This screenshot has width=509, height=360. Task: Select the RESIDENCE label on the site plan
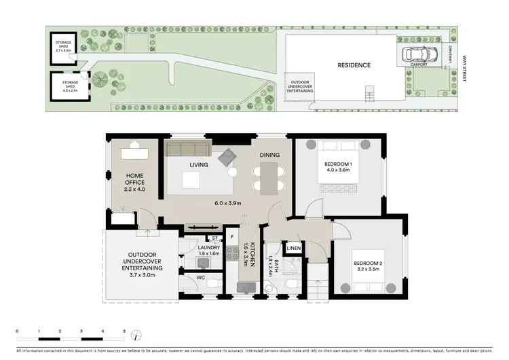tap(354, 66)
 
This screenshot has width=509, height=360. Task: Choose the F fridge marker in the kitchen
tap(232, 238)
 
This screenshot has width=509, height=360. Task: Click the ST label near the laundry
tap(214, 238)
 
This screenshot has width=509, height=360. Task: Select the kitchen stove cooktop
tap(232, 257)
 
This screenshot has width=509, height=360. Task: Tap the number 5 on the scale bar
tap(124, 331)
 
